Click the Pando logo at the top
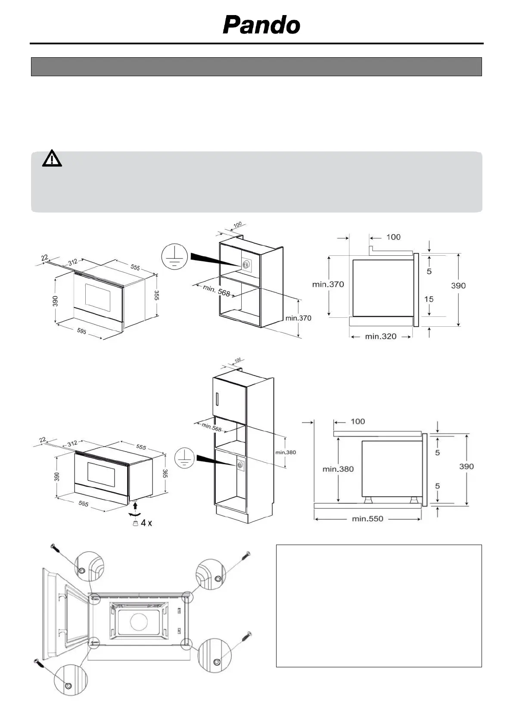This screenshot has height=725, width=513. (x=261, y=25)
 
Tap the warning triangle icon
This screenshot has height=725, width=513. (x=52, y=158)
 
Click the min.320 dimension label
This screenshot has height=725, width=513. (x=381, y=336)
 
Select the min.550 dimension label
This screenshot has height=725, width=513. (x=367, y=519)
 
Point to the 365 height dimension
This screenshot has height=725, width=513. (x=165, y=473)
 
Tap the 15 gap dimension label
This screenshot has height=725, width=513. (x=429, y=299)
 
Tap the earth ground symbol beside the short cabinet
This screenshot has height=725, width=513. (x=174, y=257)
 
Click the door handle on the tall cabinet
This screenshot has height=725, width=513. (x=218, y=400)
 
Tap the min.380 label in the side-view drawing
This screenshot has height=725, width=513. (x=338, y=469)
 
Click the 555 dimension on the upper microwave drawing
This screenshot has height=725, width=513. (x=135, y=267)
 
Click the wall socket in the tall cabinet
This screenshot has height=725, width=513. (x=239, y=465)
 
